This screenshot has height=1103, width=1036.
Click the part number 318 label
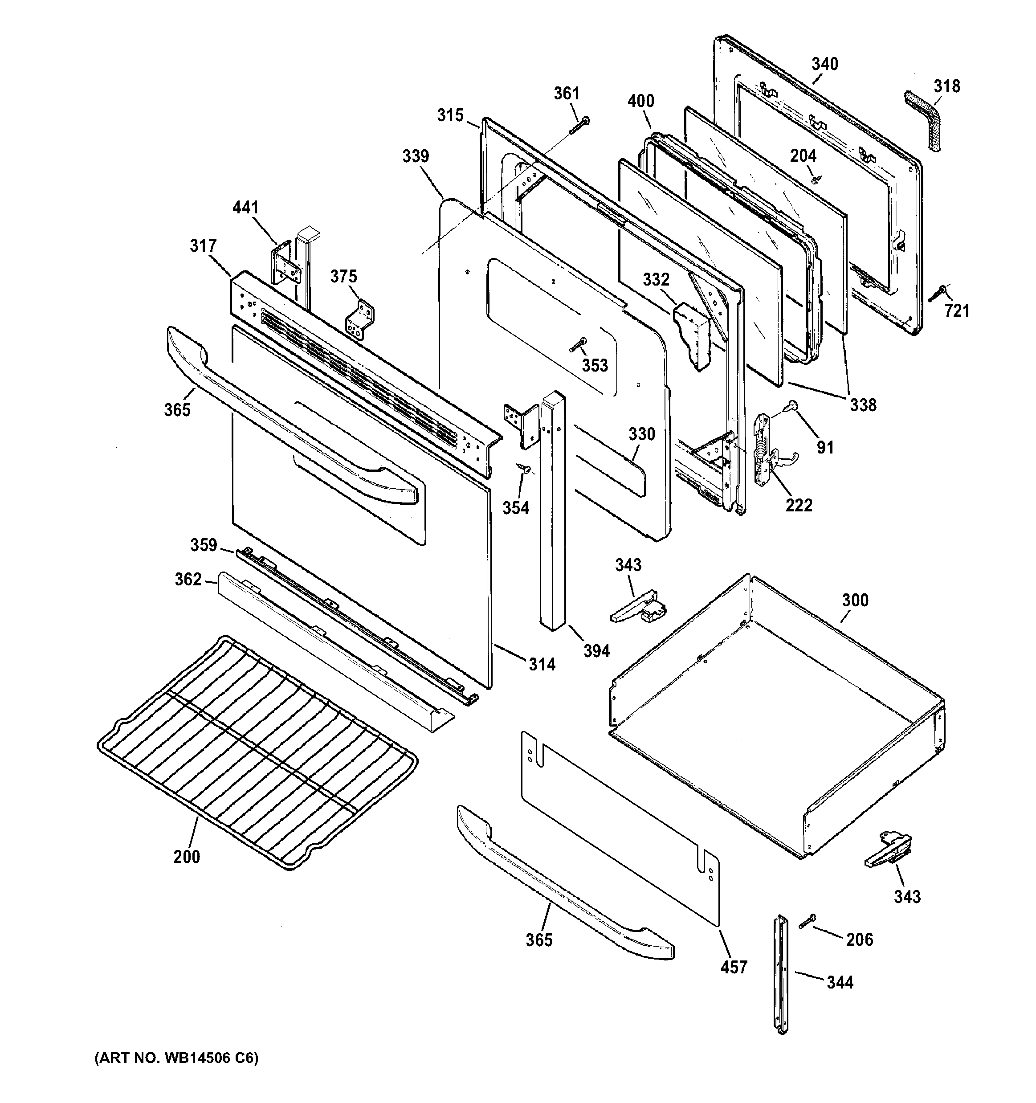[x=947, y=86]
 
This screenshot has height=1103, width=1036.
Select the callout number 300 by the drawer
[x=855, y=601]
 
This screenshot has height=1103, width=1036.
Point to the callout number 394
[x=596, y=651]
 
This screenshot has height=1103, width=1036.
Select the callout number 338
[x=863, y=405]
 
